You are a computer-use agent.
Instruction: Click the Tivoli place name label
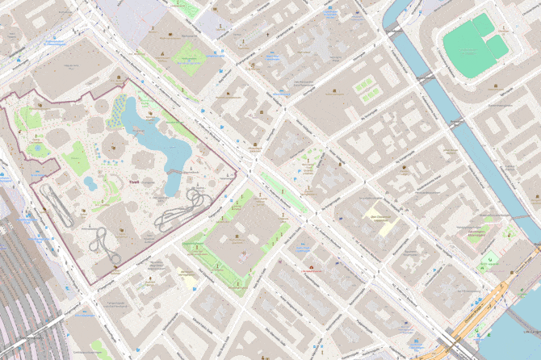coord(134,182)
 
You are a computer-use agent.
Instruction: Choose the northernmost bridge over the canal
coord(393,31)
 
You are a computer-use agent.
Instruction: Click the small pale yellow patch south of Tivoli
coord(190,282)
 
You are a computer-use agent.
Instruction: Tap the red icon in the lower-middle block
coord(309,267)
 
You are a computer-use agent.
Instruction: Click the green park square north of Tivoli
coord(187,58)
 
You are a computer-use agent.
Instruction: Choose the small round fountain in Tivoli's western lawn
coord(36,149)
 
